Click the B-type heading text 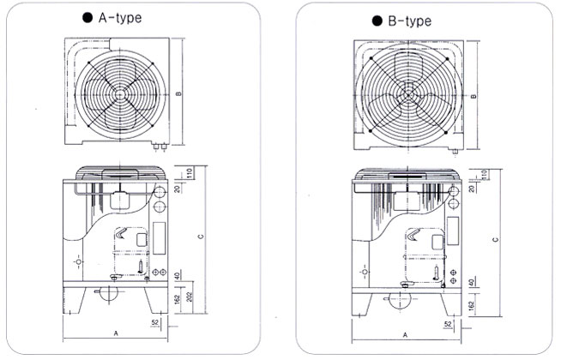pyautogui.click(x=409, y=21)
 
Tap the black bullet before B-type pyautogui.click(x=376, y=21)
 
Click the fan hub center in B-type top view pyautogui.click(x=408, y=97)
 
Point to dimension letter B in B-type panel pyautogui.click(x=474, y=96)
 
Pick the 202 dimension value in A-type pyautogui.click(x=184, y=296)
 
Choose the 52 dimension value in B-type pyautogui.click(x=449, y=324)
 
